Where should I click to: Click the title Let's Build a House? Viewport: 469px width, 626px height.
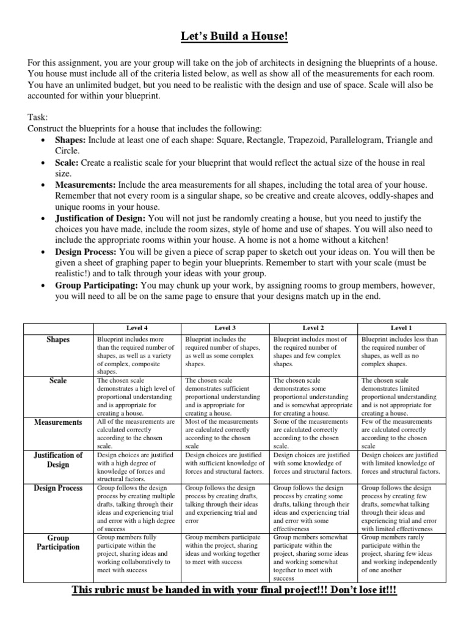point(234,38)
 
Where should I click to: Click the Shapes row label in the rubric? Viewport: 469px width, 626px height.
point(59,339)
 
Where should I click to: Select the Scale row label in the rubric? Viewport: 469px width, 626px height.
point(59,380)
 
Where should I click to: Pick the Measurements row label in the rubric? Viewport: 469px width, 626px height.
point(59,422)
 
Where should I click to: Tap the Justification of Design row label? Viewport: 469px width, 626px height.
point(59,460)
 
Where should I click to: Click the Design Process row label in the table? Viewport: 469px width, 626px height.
point(59,488)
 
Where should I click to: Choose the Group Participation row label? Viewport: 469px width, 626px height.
point(59,542)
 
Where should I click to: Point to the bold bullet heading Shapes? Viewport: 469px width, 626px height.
point(71,140)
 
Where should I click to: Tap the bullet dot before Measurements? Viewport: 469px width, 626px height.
point(42,185)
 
